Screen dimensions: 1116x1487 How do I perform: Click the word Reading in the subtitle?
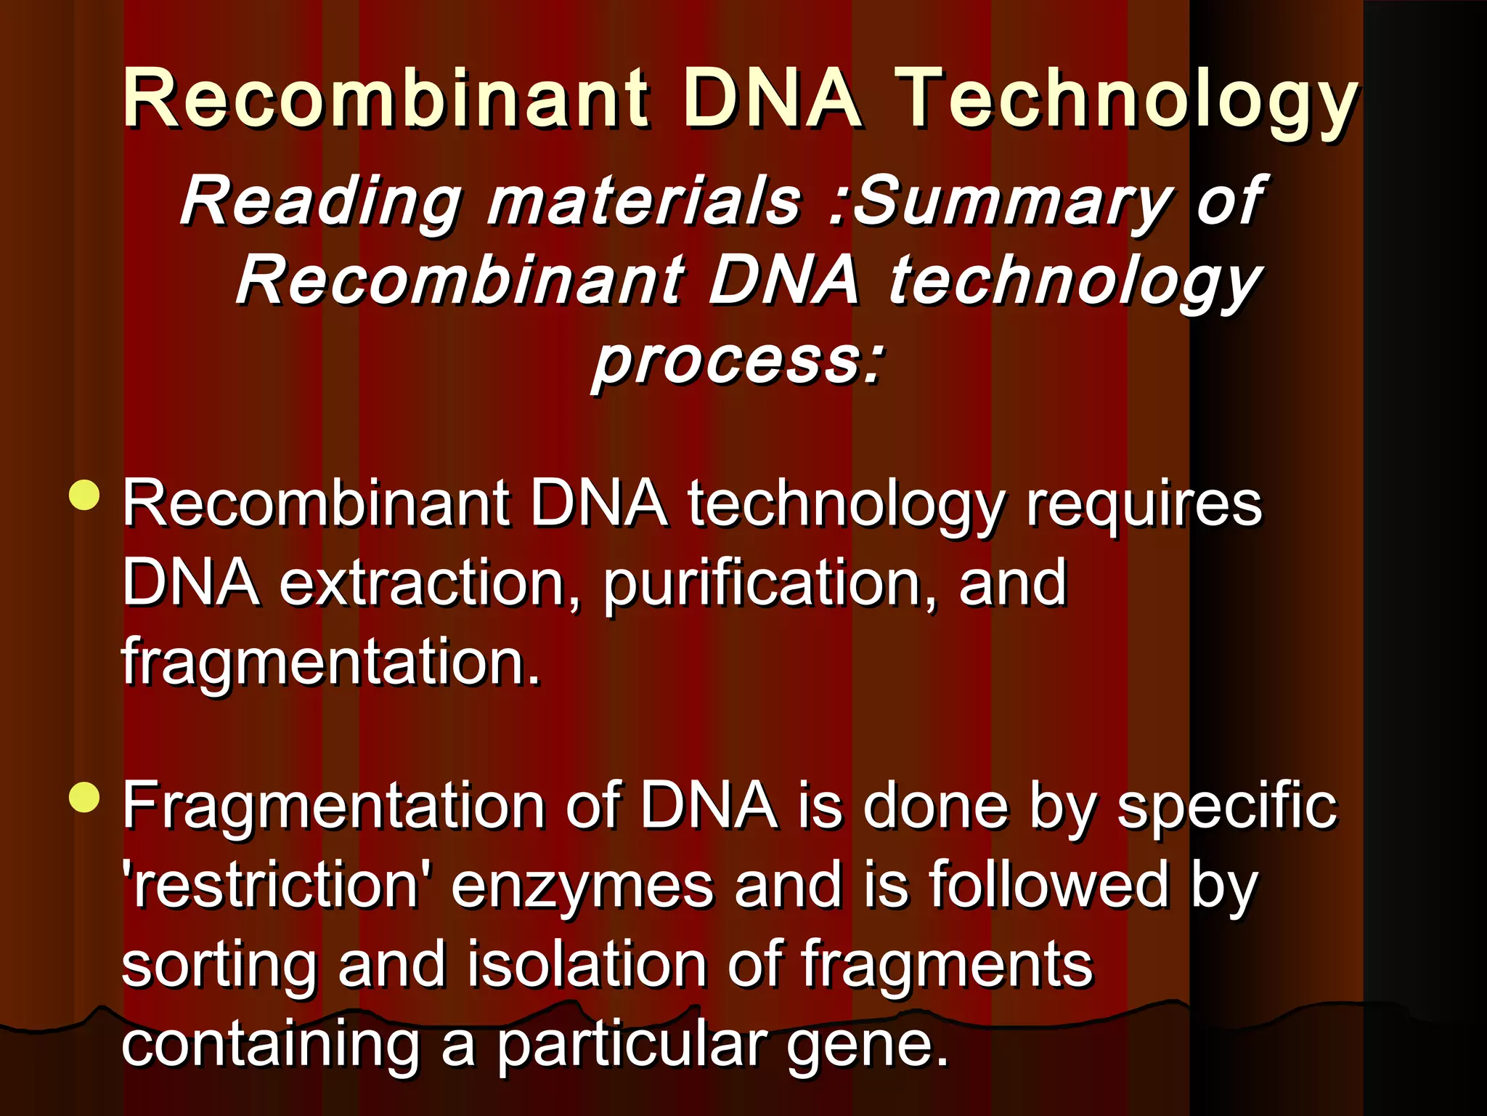320,202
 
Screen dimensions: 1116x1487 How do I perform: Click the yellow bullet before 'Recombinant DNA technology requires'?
85,496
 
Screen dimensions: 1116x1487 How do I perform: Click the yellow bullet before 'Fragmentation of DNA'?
85,797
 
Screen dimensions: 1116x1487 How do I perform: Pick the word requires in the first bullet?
1144,506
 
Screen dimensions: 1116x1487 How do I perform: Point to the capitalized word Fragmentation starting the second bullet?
333,806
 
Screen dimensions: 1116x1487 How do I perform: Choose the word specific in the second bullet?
1226,806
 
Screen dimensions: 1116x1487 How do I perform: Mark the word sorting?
219,966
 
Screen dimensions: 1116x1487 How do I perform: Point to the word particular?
632,1046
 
